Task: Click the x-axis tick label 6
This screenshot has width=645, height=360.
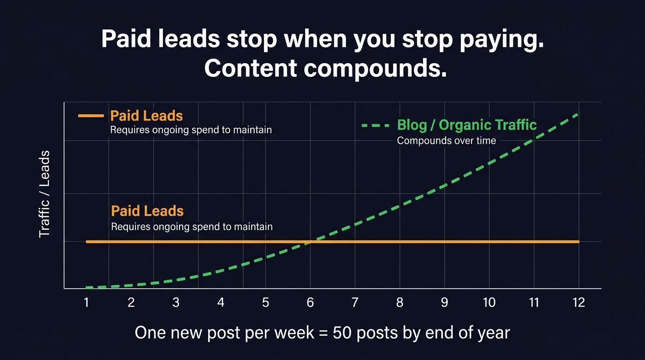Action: pyautogui.click(x=310, y=303)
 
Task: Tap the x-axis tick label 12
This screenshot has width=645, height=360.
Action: pyautogui.click(x=579, y=303)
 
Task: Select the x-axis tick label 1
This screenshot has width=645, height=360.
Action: pyautogui.click(x=86, y=303)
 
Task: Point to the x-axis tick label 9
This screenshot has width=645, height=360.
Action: pyautogui.click(x=444, y=303)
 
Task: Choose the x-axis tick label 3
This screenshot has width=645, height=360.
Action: pyautogui.click(x=176, y=303)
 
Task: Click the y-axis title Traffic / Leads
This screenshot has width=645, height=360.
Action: pyautogui.click(x=44, y=194)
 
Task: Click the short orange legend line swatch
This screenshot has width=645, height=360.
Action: pyautogui.click(x=91, y=115)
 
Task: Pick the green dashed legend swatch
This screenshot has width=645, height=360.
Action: pyautogui.click(x=375, y=126)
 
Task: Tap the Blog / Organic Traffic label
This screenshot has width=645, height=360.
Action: pyautogui.click(x=466, y=125)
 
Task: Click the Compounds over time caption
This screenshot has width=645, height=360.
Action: pyautogui.click(x=446, y=141)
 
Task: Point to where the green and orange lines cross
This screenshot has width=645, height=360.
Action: pyautogui.click(x=313, y=241)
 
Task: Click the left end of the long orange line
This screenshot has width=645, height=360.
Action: pyautogui.click(x=87, y=241)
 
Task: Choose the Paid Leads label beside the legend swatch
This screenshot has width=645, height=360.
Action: pyautogui.click(x=146, y=116)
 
